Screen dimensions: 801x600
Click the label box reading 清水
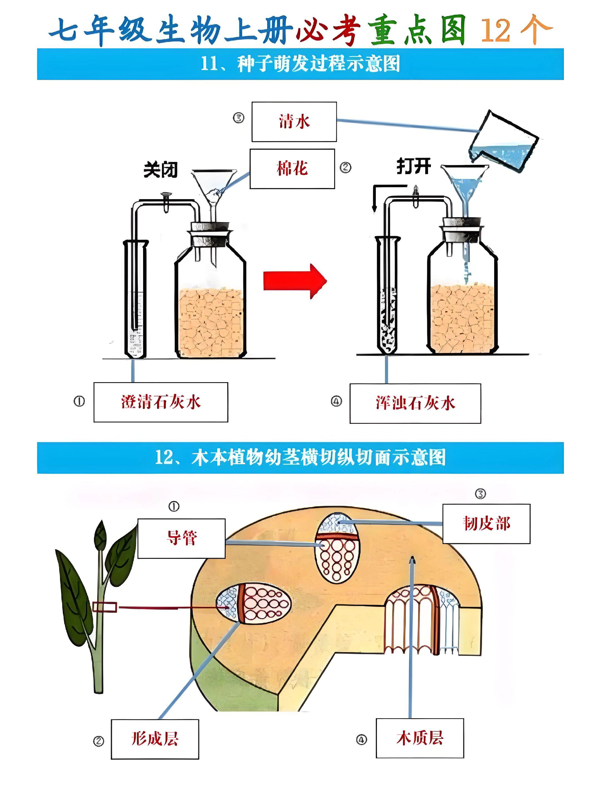point(294,122)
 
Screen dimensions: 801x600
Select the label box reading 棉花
point(292,169)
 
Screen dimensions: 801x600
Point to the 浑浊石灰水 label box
point(415,403)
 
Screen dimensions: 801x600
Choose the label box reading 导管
point(181,538)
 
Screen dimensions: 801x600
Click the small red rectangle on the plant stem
point(105,607)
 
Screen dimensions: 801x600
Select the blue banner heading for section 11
point(300,64)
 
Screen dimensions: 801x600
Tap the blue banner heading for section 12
point(300,457)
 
